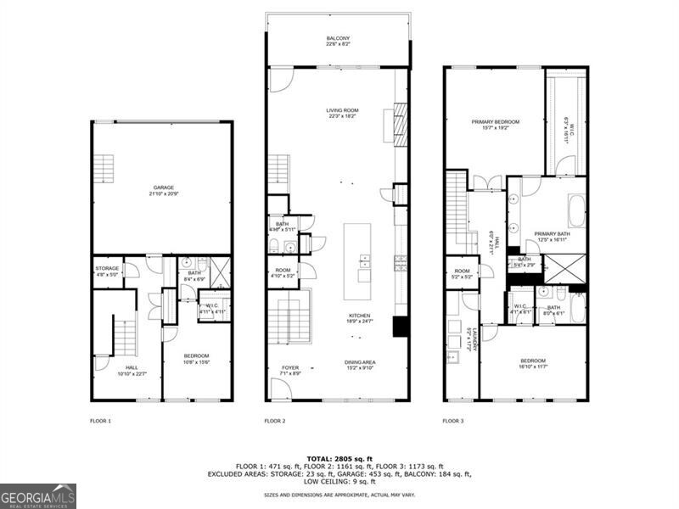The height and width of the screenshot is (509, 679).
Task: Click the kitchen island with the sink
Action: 357,261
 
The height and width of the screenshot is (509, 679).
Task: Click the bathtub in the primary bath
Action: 576,211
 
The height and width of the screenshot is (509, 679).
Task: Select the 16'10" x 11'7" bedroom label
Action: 533,362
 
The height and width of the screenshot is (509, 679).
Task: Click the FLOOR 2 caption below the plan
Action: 274,421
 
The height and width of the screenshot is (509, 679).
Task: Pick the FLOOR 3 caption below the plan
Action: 452,421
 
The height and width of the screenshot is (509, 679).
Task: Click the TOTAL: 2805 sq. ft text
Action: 339,459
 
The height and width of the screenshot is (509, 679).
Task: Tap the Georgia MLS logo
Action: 38,495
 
